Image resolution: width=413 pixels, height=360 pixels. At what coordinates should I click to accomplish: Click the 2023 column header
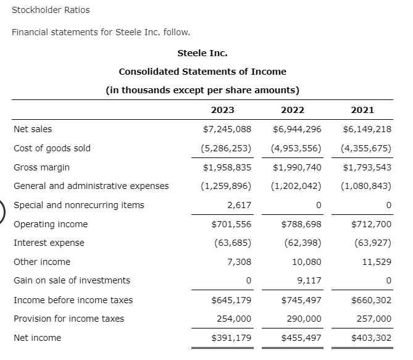[222, 111]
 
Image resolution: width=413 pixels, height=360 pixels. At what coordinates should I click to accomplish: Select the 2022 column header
[292, 111]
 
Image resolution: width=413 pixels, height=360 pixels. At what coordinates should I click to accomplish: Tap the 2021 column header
[362, 111]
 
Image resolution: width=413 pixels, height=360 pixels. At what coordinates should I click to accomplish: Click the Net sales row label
[33, 129]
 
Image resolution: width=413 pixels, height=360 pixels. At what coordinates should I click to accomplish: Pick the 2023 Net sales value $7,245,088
[227, 129]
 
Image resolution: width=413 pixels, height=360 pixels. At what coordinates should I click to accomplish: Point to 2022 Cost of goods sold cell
[296, 148]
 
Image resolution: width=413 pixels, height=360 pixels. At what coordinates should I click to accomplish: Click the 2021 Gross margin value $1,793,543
[367, 167]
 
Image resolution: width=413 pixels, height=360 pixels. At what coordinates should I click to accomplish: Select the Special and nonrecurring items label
[79, 205]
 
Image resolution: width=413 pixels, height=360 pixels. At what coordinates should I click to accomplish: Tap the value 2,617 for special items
[239, 205]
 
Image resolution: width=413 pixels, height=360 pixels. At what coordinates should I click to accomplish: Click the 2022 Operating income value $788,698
[301, 224]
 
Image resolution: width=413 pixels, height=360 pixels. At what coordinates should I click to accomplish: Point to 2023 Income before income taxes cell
[231, 300]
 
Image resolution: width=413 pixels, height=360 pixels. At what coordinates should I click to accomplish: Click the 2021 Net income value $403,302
[371, 338]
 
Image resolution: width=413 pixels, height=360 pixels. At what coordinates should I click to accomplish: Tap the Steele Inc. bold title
[202, 53]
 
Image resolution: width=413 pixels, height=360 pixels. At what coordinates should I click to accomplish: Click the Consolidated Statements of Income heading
[202, 72]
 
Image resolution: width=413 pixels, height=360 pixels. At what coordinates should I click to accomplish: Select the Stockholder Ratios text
[51, 10]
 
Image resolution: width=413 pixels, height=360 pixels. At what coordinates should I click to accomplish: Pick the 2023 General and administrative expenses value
[227, 186]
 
